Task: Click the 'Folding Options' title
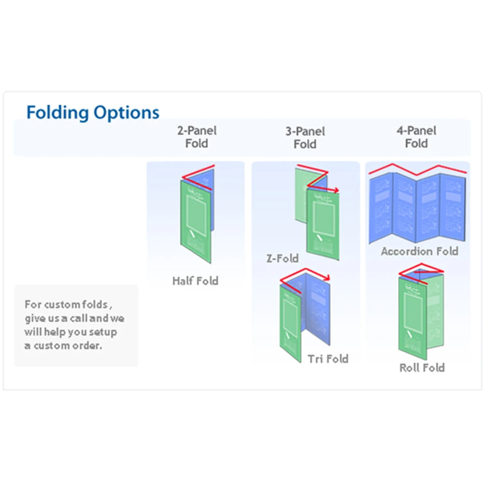click(93, 112)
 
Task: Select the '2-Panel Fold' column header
click(197, 137)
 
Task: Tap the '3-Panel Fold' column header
click(305, 137)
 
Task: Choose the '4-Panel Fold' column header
click(416, 137)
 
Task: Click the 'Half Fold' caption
click(195, 281)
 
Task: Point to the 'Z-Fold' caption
click(283, 258)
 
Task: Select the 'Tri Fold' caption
click(328, 358)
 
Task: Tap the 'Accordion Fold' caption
click(419, 251)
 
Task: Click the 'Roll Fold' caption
click(422, 368)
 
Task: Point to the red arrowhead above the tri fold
click(328, 277)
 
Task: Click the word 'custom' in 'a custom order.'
click(52, 346)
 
